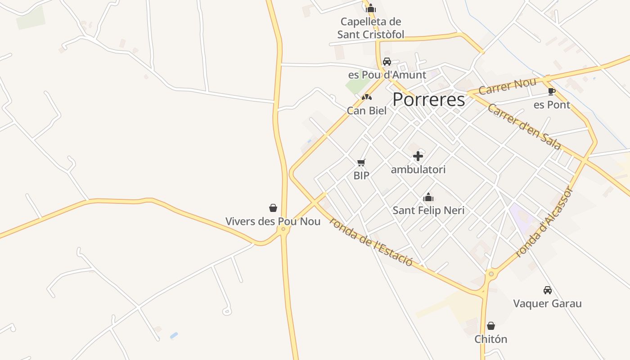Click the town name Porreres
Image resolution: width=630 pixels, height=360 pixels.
tap(428, 99)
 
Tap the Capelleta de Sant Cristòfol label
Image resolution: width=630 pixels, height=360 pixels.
tap(371, 28)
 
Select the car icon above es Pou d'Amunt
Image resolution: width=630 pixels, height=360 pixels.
tap(387, 62)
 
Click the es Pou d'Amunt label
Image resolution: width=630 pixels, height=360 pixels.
tap(387, 75)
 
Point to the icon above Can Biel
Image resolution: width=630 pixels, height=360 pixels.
tap(367, 97)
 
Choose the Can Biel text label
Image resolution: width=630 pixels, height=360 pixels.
tap(367, 110)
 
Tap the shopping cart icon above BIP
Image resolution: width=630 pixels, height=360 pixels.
tap(361, 162)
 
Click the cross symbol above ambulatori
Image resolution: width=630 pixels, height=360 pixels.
tap(418, 156)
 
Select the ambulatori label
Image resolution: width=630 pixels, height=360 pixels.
tap(418, 170)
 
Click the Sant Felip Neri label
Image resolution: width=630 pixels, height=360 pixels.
tap(428, 210)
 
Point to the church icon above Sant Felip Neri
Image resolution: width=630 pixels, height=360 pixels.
tap(428, 197)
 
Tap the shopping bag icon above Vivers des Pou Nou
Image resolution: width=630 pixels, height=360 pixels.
tap(273, 208)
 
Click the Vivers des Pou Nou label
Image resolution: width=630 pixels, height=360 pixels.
tap(273, 221)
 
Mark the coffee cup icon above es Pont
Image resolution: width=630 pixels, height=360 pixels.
tap(552, 92)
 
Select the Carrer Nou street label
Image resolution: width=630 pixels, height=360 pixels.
tap(507, 86)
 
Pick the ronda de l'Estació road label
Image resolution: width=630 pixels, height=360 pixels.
tap(371, 241)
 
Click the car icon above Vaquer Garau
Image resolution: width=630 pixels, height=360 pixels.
tap(547, 290)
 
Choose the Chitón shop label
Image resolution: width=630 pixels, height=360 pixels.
tap(490, 339)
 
